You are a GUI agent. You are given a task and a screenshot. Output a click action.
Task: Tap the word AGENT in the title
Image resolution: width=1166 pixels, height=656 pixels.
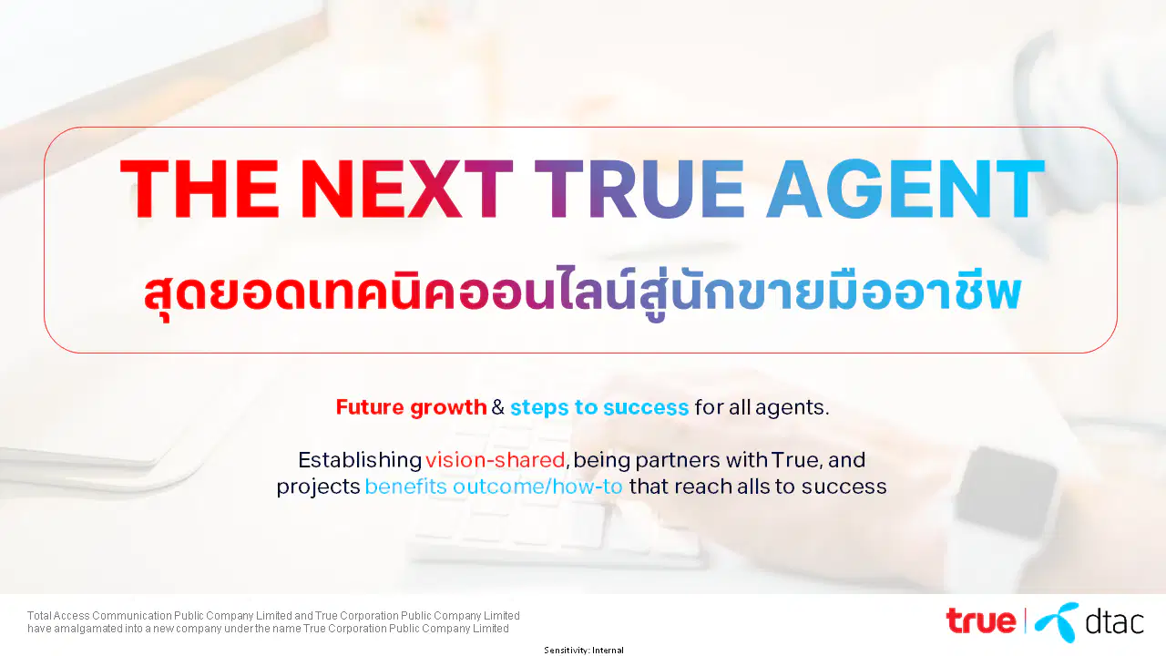905,189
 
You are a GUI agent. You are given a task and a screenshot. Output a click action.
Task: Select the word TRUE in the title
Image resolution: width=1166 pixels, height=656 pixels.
639,189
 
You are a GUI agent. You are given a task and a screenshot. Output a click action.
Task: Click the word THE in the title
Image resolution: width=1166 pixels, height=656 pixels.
199,189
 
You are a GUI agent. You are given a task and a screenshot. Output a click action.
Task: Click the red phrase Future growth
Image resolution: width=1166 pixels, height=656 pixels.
411,407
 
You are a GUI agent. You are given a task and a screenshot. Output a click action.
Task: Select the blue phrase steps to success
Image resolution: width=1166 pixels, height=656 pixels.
599,407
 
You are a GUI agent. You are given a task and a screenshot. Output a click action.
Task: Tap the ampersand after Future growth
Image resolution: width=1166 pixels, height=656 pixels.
498,407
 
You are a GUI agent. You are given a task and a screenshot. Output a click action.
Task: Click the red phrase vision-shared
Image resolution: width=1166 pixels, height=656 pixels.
495,460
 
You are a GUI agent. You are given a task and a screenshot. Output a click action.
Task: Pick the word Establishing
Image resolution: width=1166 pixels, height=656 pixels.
360,460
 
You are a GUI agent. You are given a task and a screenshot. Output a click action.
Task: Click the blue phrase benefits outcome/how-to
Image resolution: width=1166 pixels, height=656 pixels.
494,487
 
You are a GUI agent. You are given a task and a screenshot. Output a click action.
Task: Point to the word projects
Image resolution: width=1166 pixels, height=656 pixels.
318,487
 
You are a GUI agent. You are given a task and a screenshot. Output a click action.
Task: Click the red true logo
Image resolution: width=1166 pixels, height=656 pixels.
981,620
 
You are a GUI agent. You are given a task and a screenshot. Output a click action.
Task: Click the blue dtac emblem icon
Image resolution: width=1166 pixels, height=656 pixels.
1057,621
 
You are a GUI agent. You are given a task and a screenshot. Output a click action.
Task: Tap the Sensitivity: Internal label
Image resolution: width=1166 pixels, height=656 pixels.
584,650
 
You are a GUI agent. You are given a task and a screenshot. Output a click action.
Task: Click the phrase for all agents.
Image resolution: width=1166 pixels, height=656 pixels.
762,407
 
